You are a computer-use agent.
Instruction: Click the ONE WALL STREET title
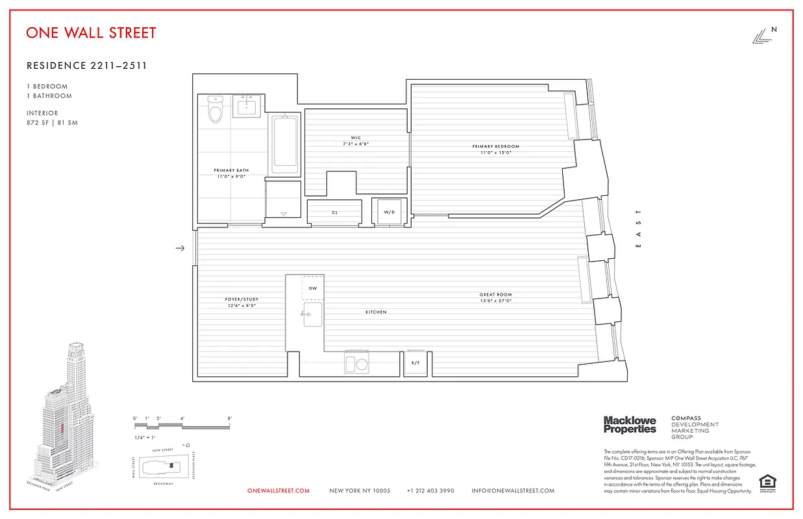(91, 32)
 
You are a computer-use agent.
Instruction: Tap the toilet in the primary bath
(215, 110)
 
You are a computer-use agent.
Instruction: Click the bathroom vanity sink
(247, 106)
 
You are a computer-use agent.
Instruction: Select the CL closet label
(334, 212)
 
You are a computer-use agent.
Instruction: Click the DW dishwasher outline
(312, 287)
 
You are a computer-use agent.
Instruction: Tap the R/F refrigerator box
(415, 363)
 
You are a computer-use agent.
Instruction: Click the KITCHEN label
(376, 312)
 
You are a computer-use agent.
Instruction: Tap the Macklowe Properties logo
(630, 425)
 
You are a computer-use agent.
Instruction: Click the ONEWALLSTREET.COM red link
(278, 491)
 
